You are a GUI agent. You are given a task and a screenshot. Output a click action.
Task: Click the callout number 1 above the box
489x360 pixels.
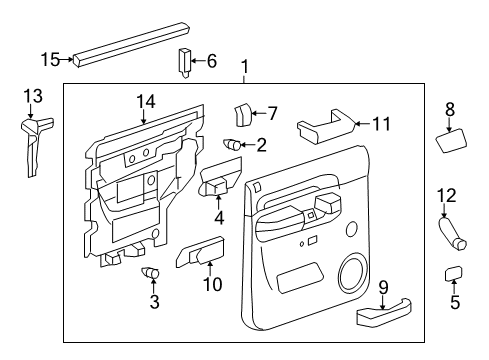click(x=244, y=69)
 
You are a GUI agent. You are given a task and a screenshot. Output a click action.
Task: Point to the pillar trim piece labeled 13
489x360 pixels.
click(x=33, y=140)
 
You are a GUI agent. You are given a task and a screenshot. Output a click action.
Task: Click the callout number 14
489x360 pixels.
click(x=145, y=101)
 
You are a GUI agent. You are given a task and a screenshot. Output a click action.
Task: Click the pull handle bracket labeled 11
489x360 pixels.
click(x=321, y=129)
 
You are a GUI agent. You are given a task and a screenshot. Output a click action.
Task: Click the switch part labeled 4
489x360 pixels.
click(x=217, y=184)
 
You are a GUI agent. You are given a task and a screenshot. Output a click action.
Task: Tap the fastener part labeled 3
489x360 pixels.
click(x=152, y=273)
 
